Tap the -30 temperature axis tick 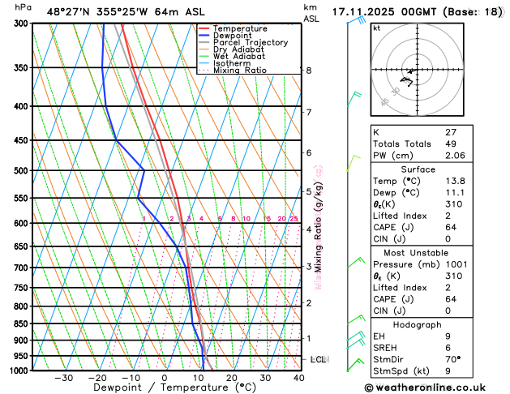(63, 378)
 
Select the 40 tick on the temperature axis (298, 378)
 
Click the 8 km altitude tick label (308, 71)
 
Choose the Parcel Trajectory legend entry (250, 43)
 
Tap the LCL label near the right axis (318, 358)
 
